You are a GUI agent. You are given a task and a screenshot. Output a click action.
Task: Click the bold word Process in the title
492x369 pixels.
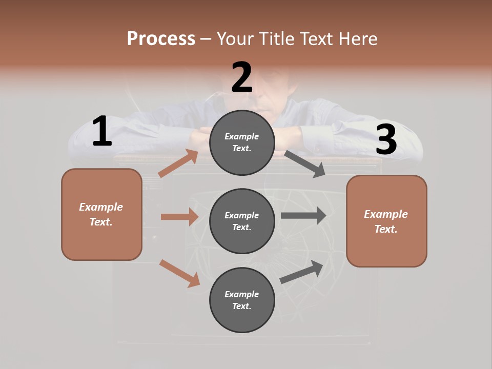click(161, 38)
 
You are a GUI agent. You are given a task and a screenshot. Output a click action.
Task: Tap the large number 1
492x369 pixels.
click(102, 131)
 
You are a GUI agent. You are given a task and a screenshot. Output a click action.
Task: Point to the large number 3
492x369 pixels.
click(386, 140)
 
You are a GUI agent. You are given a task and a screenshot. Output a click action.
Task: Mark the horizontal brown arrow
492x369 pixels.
click(179, 217)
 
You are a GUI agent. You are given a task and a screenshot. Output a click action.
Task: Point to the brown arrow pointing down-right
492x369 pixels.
click(179, 273)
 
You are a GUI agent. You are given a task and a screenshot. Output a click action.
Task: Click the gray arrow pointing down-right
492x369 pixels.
click(305, 164)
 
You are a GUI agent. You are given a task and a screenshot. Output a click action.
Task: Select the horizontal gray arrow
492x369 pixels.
click(303, 215)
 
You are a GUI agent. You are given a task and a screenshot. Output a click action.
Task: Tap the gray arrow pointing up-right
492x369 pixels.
click(301, 272)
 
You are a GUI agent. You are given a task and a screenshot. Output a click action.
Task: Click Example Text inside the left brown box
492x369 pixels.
click(101, 214)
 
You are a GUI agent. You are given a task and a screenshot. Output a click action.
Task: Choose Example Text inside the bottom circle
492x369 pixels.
click(241, 300)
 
